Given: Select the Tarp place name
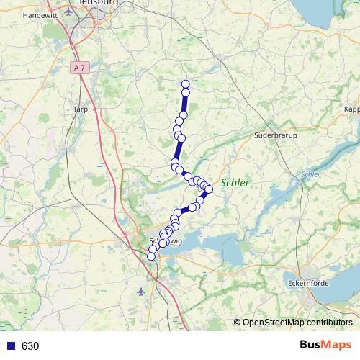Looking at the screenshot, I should (80, 109).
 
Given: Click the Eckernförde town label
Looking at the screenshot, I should (308, 283).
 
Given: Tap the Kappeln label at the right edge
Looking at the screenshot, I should (352, 109).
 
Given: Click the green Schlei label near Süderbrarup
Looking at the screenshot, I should (234, 184).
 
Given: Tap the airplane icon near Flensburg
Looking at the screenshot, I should (69, 12).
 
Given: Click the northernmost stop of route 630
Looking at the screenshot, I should (186, 84).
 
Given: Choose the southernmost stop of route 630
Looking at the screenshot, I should (151, 256).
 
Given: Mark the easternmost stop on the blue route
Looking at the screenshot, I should (209, 189).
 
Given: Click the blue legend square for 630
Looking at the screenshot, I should (8, 346).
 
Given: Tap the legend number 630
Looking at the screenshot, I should (30, 346).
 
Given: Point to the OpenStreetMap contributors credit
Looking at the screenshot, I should (297, 323).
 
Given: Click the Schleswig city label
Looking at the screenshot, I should (166, 242).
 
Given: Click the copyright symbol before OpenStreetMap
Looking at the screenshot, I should (237, 323).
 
